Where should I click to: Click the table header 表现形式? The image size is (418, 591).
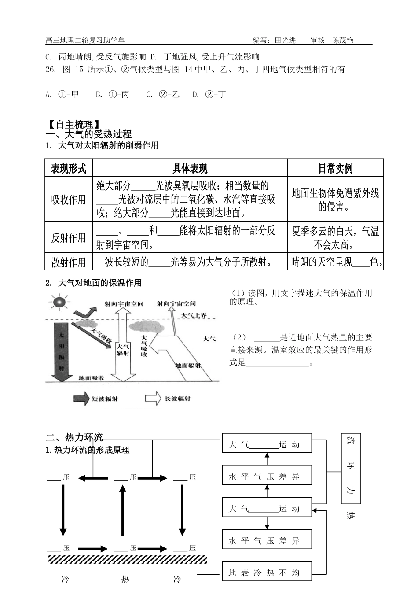pyautogui.click(x=69, y=168)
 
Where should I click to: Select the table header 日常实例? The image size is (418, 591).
pyautogui.click(x=335, y=168)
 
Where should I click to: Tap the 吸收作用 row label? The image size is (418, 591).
pyautogui.click(x=69, y=199)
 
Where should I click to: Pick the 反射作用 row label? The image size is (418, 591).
pyautogui.click(x=69, y=238)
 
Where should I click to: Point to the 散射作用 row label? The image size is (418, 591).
pyautogui.click(x=69, y=262)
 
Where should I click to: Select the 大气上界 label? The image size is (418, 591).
pyautogui.click(x=194, y=315)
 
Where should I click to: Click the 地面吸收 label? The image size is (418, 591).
pyautogui.click(x=92, y=378)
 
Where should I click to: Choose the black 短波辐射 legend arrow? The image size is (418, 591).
pyautogui.click(x=81, y=399)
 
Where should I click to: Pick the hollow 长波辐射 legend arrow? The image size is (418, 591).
pyautogui.click(x=153, y=399)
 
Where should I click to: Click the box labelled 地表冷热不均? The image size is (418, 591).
pyautogui.click(x=267, y=573)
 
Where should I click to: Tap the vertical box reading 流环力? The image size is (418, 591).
pyautogui.click(x=351, y=468)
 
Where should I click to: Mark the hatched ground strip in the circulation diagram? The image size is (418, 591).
pyautogui.click(x=127, y=559)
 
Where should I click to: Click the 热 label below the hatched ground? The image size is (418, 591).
pyautogui.click(x=125, y=579)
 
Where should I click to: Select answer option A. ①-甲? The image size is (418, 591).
pyautogui.click(x=62, y=94)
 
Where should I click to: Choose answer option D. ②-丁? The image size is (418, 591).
pyautogui.click(x=209, y=94)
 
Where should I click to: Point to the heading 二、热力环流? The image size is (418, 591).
pyautogui.click(x=74, y=437)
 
